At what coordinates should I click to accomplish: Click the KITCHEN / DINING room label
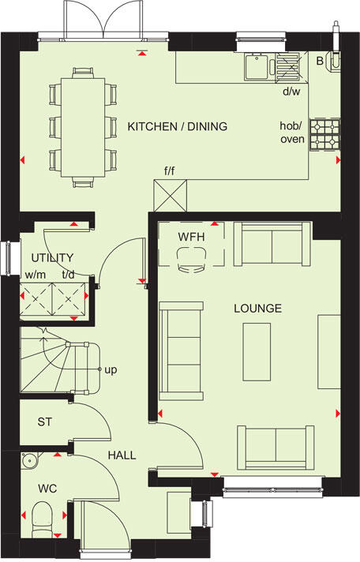pos(178,126)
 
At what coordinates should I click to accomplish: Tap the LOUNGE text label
pos(257,308)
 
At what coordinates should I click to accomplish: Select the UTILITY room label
pos(52,257)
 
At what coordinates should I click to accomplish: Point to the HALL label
pos(122,455)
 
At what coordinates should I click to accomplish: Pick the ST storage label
pos(44,422)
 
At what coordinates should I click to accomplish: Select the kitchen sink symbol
pos(259,67)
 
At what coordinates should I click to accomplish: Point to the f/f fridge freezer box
pos(171,194)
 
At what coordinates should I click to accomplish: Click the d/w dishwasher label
pos(291,91)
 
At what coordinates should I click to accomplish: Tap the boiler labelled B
pos(320,60)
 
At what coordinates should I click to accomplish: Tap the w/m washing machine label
pos(34,275)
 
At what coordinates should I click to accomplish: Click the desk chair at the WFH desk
pos(190,260)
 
